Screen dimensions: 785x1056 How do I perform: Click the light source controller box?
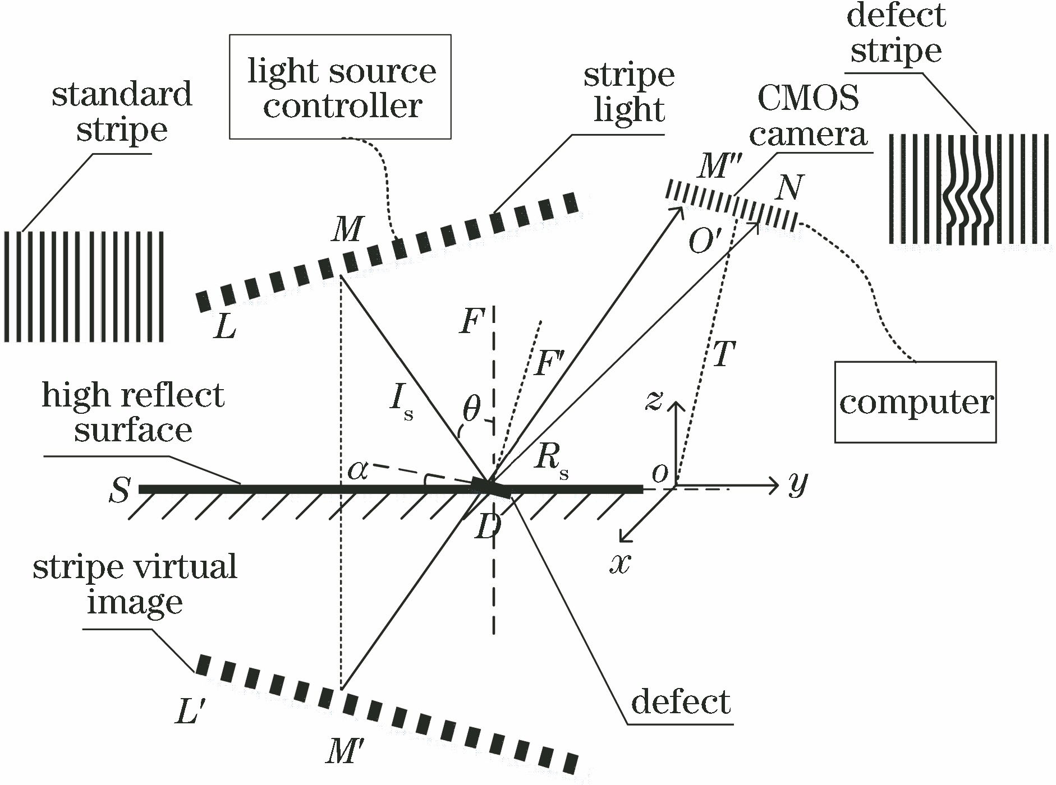340,87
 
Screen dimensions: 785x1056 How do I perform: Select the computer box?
915,402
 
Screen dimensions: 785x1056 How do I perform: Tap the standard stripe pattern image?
84,286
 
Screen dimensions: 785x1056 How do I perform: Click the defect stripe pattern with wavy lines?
968,189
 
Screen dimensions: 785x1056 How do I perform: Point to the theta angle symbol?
472,410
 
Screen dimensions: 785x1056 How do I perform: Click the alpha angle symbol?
357,471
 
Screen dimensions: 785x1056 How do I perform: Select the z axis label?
654,400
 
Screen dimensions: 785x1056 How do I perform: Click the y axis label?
797,483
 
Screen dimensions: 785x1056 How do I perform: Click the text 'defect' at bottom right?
681,701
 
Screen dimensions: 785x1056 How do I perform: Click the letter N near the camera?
788,188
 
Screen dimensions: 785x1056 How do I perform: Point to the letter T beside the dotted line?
723,354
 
